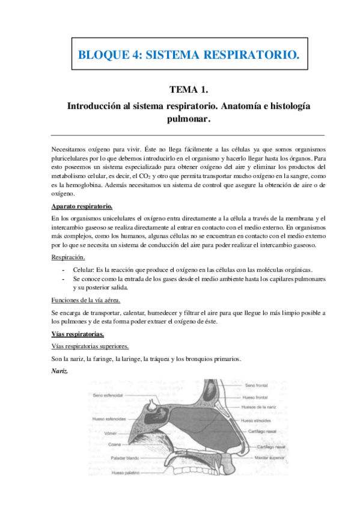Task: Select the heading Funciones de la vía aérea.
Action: (87, 300)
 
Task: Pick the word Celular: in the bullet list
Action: (87, 269)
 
